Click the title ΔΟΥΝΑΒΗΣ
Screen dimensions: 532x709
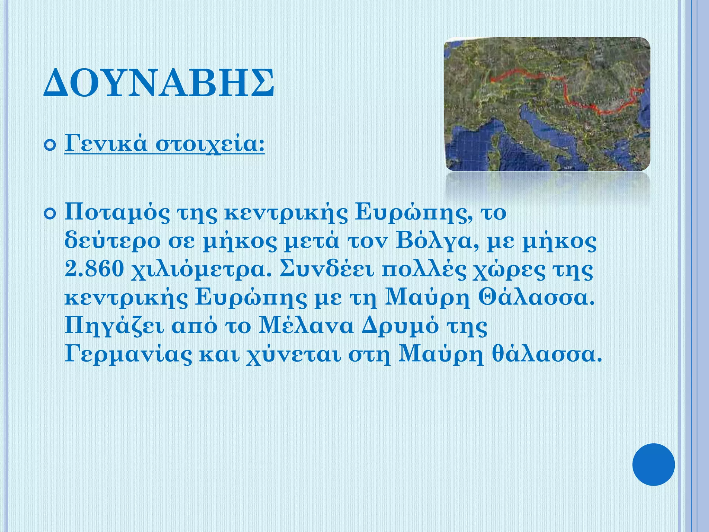159,83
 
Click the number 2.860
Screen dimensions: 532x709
94,269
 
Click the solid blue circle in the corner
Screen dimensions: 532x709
653,464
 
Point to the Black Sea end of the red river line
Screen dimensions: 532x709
642,91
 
